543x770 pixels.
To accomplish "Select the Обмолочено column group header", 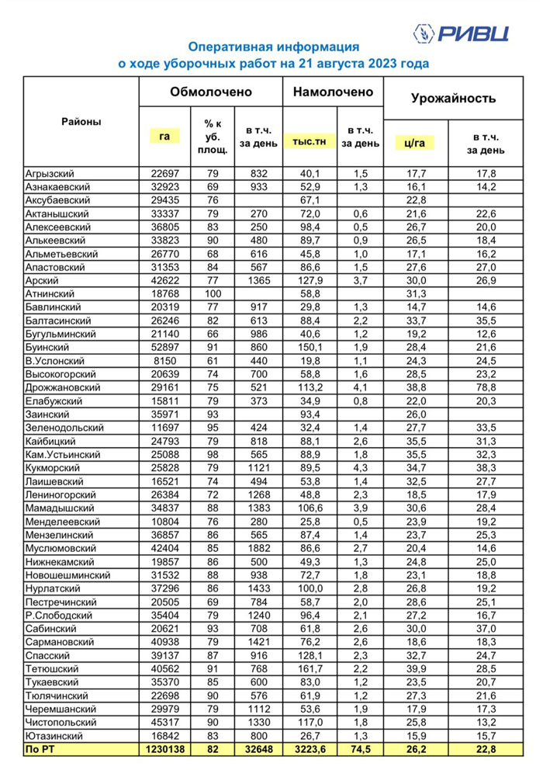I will point(211,92).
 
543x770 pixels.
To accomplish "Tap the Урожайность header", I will point(453,98).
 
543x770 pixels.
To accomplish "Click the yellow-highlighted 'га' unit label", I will point(164,136).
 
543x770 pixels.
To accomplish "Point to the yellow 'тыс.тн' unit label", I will point(310,141).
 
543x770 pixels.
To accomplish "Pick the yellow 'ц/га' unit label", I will point(415,142).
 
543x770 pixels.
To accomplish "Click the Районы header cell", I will point(81,122).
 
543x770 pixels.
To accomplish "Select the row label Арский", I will point(43,279).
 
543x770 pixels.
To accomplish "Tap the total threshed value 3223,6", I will point(310,748).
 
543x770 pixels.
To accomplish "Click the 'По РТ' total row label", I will point(40,748).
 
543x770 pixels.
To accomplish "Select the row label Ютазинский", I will point(54,735).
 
